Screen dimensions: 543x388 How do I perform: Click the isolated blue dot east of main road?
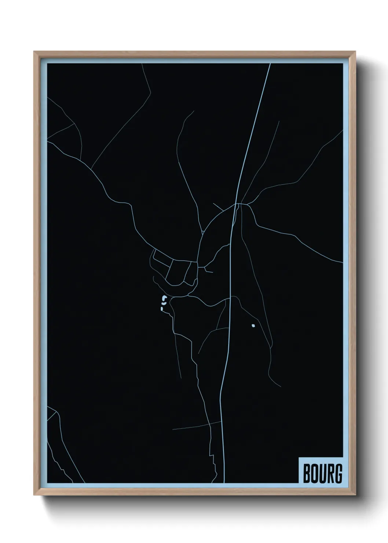coord(253,325)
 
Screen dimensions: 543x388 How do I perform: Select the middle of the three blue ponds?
coord(162,304)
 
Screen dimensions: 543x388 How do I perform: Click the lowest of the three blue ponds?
coord(161,310)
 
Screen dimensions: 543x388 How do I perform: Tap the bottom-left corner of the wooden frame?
coord(34,496)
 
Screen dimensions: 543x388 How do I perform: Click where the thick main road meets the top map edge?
coord(270,64)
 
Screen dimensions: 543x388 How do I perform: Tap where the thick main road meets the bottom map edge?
coord(224,482)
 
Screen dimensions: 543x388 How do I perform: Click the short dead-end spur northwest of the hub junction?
coord(218,207)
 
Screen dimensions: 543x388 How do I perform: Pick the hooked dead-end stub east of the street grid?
coord(209,271)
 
